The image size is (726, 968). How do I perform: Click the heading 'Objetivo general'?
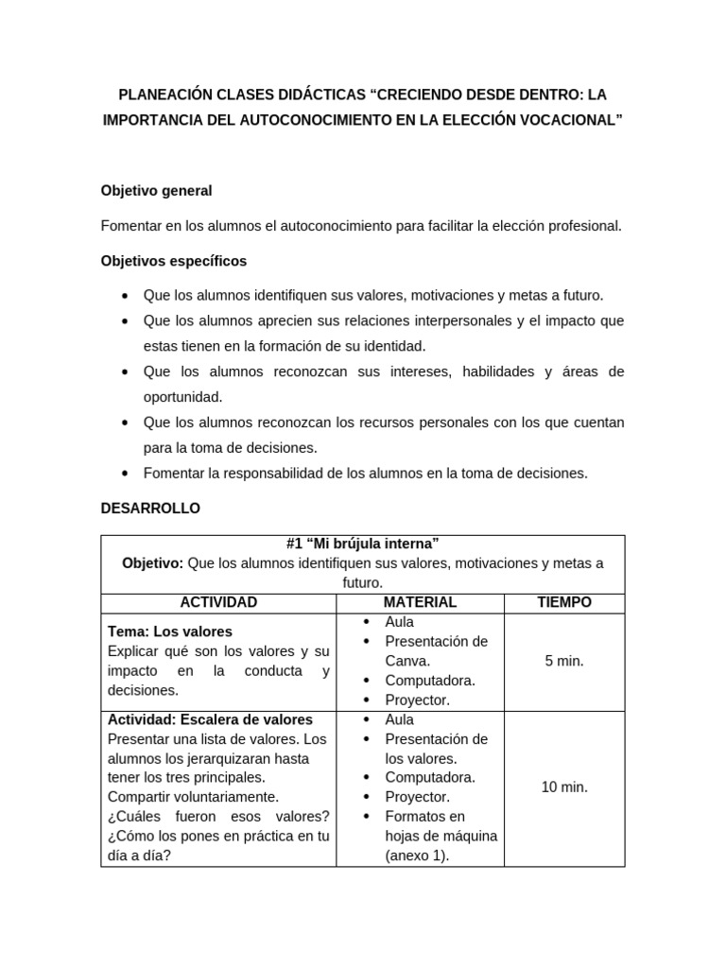156,191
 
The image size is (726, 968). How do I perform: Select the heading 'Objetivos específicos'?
173,260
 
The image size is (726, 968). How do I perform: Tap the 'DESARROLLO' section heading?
150,509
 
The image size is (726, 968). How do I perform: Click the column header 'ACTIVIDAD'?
218,602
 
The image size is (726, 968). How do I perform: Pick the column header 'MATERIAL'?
420,602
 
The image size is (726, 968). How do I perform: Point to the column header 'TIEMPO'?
564,602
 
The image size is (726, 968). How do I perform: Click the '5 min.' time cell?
564,661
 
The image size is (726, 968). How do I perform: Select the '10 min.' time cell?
564,787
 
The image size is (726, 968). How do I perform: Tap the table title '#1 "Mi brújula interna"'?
362,544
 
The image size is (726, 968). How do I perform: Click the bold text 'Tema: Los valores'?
170,631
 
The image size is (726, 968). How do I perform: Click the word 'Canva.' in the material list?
407,661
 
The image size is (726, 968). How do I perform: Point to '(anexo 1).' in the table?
417,856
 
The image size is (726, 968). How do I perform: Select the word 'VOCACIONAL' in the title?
565,122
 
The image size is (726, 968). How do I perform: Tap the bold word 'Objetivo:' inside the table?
153,563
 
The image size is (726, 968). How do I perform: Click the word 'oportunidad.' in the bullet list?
182,397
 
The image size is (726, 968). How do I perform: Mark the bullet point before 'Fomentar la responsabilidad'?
126,473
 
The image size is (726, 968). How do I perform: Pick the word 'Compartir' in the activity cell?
138,797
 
